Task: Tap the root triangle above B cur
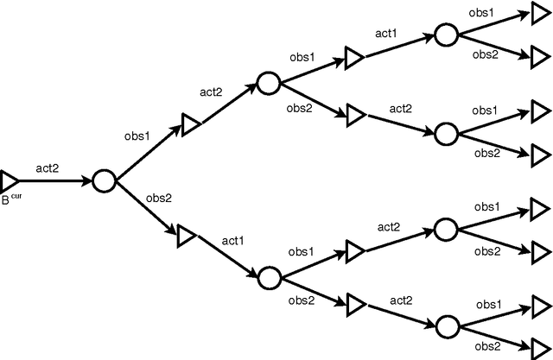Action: [x=9, y=181]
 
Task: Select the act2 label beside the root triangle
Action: [x=48, y=169]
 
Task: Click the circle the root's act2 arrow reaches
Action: [x=104, y=181]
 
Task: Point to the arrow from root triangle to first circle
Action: [x=55, y=181]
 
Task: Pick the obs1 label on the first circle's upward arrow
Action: [x=137, y=135]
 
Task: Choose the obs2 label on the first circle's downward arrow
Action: [x=158, y=198]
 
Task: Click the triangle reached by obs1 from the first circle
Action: [x=189, y=124]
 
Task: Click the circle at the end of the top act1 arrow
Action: [x=446, y=35]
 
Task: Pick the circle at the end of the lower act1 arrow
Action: [x=269, y=277]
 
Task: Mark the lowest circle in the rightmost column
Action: [x=446, y=325]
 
